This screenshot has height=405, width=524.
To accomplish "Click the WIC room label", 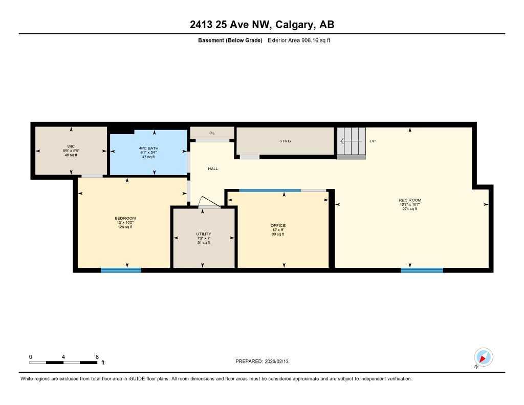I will pos(71,146).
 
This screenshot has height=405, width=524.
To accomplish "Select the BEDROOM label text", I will pos(125,218).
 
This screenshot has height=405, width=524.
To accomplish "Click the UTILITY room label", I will pos(203,234).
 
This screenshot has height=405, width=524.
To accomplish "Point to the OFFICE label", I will pos(278,225).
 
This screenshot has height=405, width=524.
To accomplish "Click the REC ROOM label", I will pos(410,200).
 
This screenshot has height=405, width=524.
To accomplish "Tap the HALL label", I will pos(213,168).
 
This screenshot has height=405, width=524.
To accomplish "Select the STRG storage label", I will pos(285,141).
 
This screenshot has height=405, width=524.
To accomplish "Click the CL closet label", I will pos(212,133).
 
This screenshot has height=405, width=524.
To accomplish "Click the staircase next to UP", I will pos(351,141).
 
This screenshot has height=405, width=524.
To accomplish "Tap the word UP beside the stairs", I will pos(373,141).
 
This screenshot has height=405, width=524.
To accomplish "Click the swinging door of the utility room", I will pos(210,202).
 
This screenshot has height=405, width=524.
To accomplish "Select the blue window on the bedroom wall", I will pos(121,270).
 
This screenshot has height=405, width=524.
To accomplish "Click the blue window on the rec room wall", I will pos(422,270).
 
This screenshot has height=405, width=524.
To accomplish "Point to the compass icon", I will pos(483,357).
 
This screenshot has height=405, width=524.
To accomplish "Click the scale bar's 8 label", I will pos(97,357).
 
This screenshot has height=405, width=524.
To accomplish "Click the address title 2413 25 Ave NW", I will pos(261,25).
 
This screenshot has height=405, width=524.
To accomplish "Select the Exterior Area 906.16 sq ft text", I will pos(299,40).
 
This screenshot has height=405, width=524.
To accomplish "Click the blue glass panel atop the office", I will pos(270,190).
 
